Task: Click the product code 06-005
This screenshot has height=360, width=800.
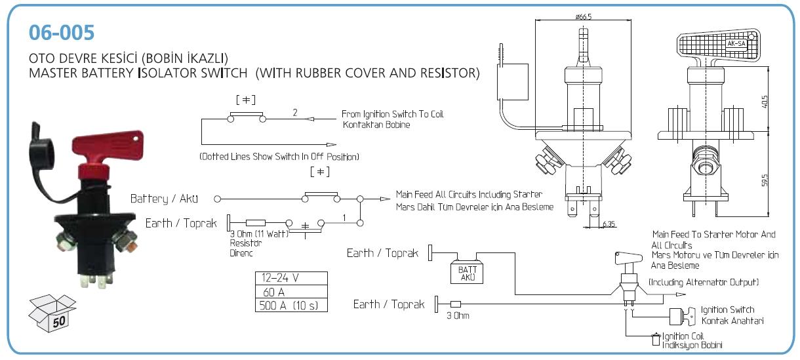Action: click(x=62, y=31)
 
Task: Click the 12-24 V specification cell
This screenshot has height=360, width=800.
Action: click(x=290, y=277)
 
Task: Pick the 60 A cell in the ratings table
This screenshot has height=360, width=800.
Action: click(x=290, y=291)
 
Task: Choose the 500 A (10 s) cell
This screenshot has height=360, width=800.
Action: click(x=290, y=305)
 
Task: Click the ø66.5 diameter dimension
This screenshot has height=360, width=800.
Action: click(x=584, y=17)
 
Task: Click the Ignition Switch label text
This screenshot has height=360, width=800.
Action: click(x=727, y=310)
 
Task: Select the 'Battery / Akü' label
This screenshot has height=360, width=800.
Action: click(x=164, y=198)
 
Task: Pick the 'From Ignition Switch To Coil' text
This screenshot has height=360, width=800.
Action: click(x=392, y=114)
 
